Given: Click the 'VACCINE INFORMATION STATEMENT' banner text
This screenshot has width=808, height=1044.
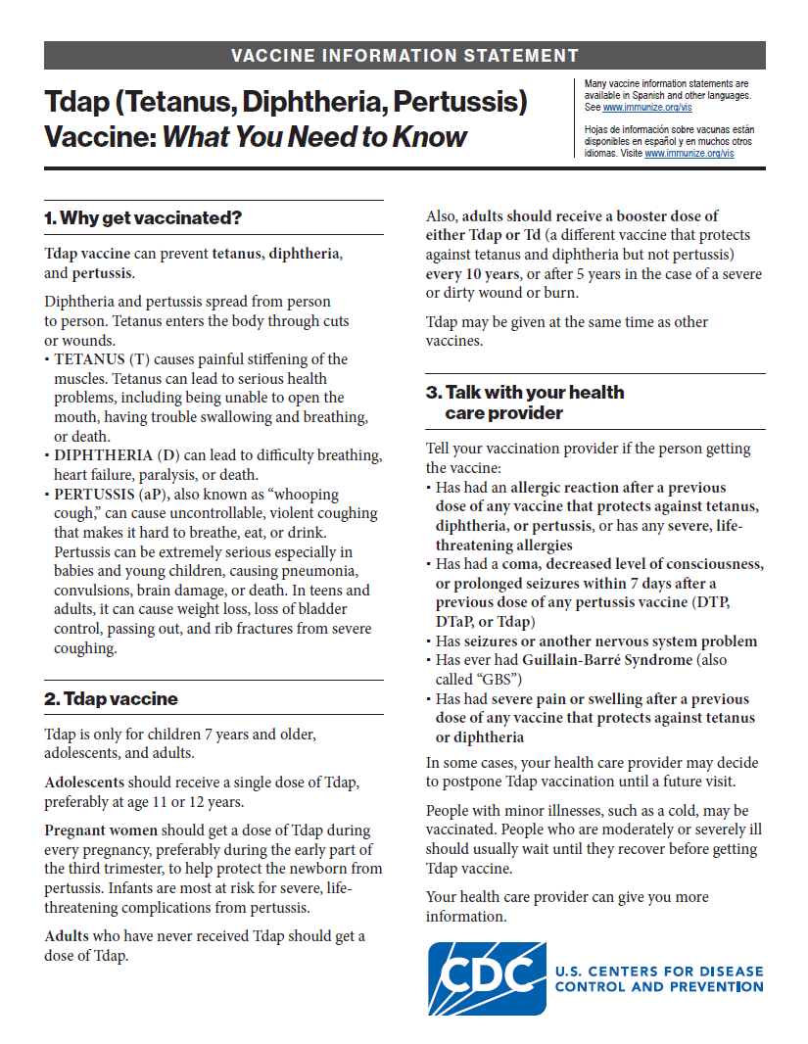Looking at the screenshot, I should [x=404, y=56].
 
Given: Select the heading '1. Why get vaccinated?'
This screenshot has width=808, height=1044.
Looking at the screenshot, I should [x=143, y=217].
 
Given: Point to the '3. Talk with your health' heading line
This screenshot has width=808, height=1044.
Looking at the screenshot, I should [x=525, y=392].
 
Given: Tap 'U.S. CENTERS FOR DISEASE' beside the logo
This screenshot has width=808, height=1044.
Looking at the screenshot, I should [x=658, y=972].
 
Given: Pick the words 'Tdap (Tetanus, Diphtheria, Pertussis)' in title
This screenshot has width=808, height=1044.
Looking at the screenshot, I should [x=286, y=102].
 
